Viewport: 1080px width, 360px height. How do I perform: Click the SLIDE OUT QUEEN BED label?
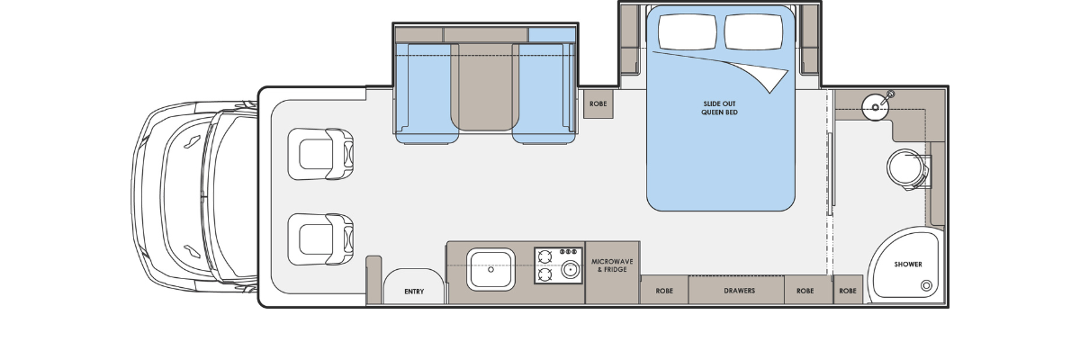coord(719,108)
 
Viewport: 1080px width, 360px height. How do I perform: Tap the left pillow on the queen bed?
coord(687,31)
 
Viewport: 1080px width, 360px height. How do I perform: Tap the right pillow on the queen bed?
coord(753,31)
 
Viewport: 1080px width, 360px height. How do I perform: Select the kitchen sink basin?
coord(490,269)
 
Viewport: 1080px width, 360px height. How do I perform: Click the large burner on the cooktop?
coord(571,269)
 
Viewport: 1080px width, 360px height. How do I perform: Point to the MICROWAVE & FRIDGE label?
coord(612,265)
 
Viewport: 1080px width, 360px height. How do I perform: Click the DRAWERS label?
coord(739,291)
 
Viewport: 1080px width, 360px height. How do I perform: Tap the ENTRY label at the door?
coord(414,292)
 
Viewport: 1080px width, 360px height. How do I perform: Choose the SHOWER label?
coord(908,264)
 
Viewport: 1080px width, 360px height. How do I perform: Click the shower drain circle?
coord(926,285)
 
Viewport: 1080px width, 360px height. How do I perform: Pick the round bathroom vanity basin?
coord(875,107)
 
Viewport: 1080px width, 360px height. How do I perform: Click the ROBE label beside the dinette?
coord(598,103)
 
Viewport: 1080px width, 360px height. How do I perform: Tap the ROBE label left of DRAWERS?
coord(664,291)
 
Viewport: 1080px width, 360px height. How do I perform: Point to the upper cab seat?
coord(320,154)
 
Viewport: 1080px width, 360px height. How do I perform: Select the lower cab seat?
coord(320,239)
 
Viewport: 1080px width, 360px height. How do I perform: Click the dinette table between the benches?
coord(485,86)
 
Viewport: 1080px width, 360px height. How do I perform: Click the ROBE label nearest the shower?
coord(848,291)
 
